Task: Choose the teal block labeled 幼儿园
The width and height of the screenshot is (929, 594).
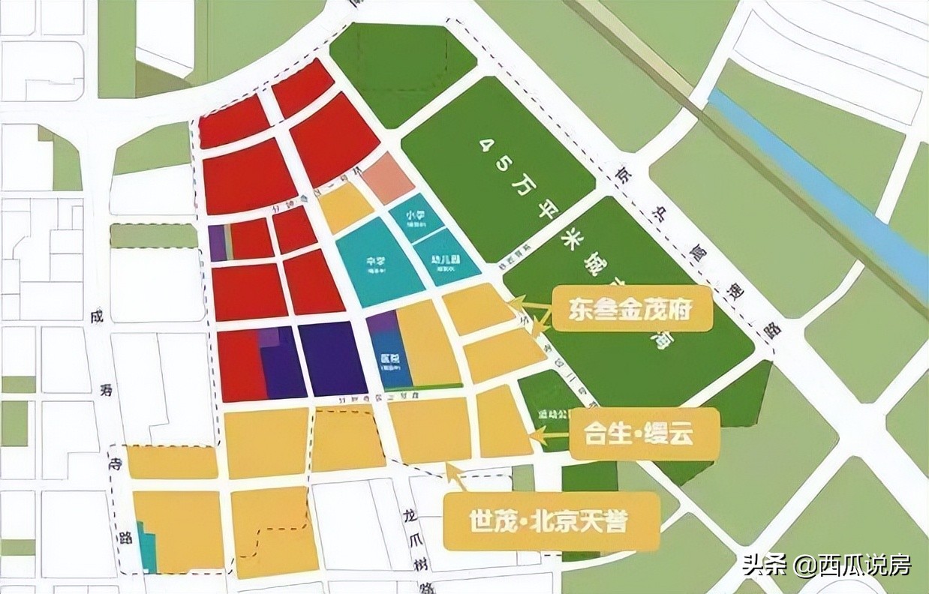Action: pyautogui.click(x=448, y=259)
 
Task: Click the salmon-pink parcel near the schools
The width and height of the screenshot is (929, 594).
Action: pyautogui.click(x=388, y=178)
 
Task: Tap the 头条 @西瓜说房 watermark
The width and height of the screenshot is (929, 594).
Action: pyautogui.click(x=826, y=565)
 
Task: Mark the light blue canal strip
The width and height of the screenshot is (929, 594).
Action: pyautogui.click(x=818, y=188)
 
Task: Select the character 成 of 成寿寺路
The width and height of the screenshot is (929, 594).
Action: pyautogui.click(x=95, y=317)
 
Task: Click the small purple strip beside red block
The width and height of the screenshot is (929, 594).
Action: pyautogui.click(x=217, y=243)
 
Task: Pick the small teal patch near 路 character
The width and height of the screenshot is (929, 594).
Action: pyautogui.click(x=148, y=553)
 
